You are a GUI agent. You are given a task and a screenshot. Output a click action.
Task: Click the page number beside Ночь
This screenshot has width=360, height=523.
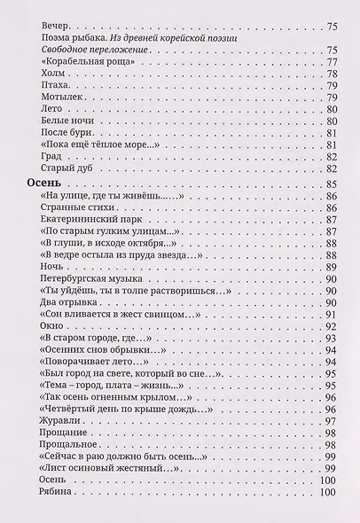pos(333,266)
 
